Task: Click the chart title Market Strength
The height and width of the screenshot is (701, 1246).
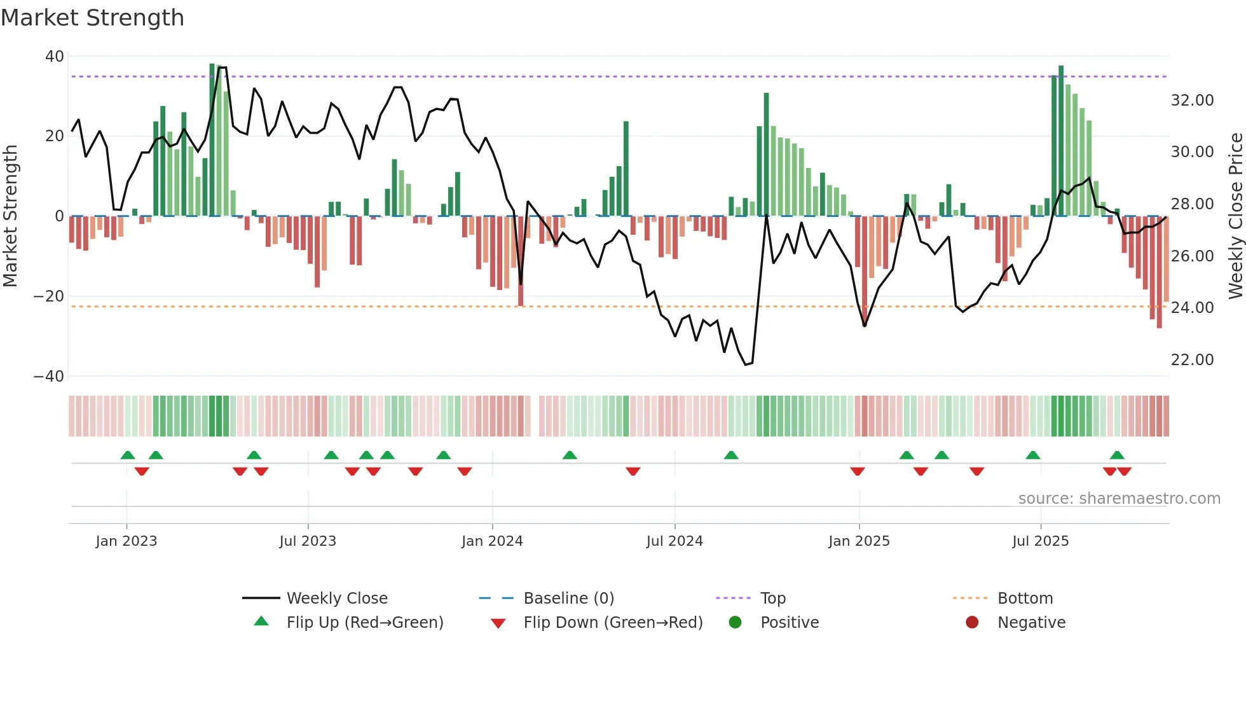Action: (x=93, y=18)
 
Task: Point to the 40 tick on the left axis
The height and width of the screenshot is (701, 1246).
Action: (x=55, y=57)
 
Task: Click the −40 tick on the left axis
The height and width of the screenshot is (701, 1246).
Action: (x=49, y=376)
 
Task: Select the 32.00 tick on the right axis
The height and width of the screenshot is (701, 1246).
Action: (x=1192, y=101)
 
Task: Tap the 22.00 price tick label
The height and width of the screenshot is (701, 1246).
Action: (x=1192, y=360)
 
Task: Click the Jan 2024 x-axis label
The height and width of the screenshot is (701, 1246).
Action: (x=492, y=541)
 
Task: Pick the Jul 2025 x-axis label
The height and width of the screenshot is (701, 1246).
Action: (x=1041, y=541)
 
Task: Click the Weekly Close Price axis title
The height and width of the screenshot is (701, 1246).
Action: (x=1235, y=216)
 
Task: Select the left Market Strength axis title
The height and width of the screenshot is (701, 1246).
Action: (x=11, y=216)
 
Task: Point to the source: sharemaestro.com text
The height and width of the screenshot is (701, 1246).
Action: (x=1119, y=499)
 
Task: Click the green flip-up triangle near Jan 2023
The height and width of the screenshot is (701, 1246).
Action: (x=128, y=455)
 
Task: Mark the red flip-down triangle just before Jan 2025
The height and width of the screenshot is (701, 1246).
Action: (x=858, y=471)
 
